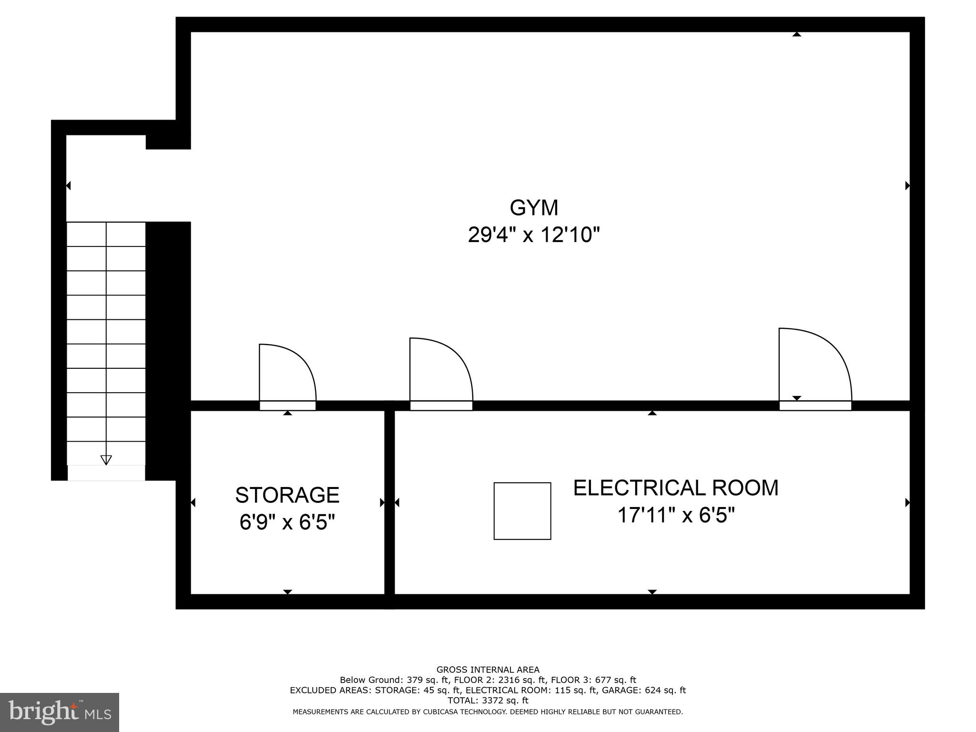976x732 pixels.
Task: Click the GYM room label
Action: (534, 208)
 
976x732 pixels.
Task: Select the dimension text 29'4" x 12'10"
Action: (533, 235)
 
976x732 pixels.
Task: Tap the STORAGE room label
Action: (287, 495)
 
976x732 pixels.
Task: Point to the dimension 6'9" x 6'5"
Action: (287, 522)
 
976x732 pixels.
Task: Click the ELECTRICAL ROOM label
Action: (676, 488)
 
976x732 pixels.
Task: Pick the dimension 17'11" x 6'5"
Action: (676, 515)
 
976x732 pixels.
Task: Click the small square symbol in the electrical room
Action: (522, 511)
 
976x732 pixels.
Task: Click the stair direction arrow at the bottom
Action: (106, 459)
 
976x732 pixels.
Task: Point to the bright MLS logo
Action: (60, 712)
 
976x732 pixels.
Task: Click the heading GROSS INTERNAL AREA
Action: (488, 670)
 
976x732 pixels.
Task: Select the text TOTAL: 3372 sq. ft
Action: (488, 701)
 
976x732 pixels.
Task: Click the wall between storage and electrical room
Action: (389, 505)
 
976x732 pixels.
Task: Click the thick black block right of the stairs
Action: (168, 350)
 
